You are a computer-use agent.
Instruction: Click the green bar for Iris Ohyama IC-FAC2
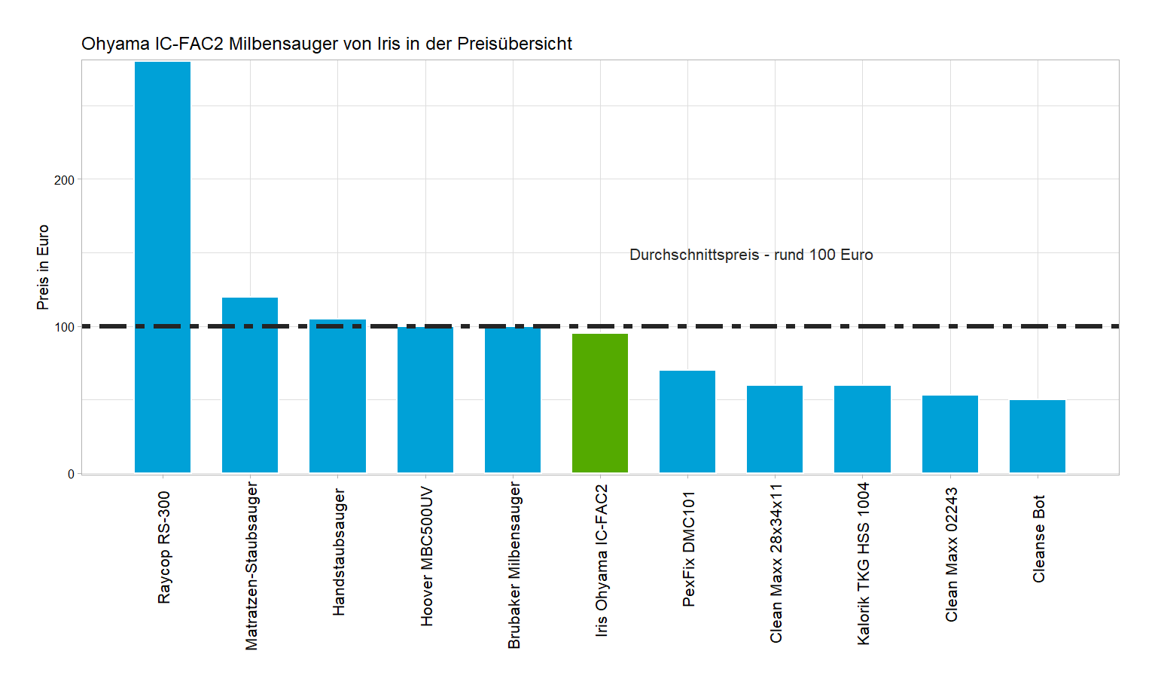pyautogui.click(x=600, y=403)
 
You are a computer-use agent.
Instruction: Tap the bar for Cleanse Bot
pyautogui.click(x=1038, y=436)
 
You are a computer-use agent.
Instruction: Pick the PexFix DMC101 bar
pyautogui.click(x=687, y=421)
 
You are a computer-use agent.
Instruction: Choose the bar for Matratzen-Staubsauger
pyautogui.click(x=250, y=385)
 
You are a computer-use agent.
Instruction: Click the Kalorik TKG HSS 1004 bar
pyautogui.click(x=862, y=429)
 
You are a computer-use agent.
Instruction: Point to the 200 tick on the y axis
pyautogui.click(x=65, y=180)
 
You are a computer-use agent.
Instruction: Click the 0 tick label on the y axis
pyautogui.click(x=71, y=474)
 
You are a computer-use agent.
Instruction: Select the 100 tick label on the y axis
pyautogui.click(x=65, y=327)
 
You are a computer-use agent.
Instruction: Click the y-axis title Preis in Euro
pyautogui.click(x=43, y=267)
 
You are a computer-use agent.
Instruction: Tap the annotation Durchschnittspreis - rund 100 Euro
pyautogui.click(x=751, y=255)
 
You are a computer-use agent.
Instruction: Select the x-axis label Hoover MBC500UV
pyautogui.click(x=427, y=556)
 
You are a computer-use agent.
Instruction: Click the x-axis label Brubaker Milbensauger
pyautogui.click(x=514, y=565)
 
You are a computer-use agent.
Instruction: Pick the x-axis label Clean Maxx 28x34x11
pyautogui.click(x=776, y=563)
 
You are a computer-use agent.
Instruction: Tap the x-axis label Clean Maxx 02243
pyautogui.click(x=952, y=554)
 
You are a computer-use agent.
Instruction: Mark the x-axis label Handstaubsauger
pyautogui.click(x=339, y=552)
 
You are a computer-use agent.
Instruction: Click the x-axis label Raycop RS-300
pyautogui.click(x=164, y=547)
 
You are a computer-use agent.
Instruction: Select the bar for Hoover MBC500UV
pyautogui.click(x=425, y=399)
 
